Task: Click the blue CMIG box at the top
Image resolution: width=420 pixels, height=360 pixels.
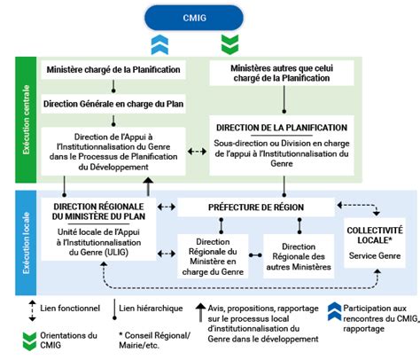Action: point(194,18)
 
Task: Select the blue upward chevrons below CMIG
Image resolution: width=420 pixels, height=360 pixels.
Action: point(159,44)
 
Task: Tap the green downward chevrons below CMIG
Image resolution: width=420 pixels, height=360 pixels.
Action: point(229,44)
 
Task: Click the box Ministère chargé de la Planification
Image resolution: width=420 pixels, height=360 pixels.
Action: point(113,70)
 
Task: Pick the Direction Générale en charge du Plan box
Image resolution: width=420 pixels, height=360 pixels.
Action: point(113,104)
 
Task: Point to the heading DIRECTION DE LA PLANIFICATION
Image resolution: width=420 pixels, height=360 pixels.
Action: point(282,128)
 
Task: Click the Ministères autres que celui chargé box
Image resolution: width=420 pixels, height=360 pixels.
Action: point(282,73)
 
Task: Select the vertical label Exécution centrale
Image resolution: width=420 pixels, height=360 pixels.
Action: point(27,120)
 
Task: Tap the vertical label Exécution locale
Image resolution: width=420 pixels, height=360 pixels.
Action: point(27,243)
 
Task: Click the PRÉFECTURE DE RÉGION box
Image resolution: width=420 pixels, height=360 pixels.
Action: point(256,207)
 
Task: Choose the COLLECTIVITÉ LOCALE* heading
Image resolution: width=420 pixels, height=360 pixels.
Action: point(375,235)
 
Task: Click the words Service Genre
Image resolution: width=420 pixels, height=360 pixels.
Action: point(375,255)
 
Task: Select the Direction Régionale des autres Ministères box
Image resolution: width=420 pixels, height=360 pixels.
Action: point(299,256)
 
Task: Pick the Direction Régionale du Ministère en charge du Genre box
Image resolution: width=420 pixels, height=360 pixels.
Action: point(213,256)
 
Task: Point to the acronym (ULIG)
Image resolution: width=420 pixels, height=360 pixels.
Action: point(116,253)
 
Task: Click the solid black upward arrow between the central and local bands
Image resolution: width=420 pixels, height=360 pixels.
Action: point(148,187)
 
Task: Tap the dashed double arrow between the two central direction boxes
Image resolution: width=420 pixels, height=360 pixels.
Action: point(198,152)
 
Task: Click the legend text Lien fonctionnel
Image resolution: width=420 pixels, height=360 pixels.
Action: point(70,309)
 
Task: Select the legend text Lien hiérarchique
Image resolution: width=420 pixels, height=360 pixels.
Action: point(151,309)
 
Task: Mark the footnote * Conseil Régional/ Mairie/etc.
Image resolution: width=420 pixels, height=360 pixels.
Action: point(154,340)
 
